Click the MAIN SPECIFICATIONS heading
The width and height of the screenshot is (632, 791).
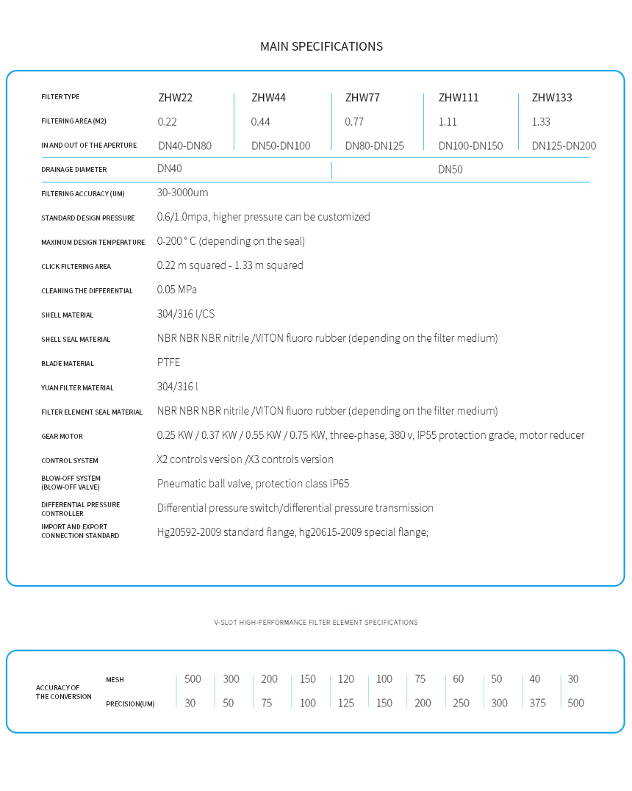321,46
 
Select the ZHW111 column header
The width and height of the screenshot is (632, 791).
459,97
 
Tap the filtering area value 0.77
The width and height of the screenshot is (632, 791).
354,121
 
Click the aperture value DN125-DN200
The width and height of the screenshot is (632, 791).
564,146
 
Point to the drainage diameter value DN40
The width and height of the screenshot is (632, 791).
170,168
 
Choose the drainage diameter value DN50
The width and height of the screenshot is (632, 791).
450,169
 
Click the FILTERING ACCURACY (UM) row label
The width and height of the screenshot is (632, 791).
83,194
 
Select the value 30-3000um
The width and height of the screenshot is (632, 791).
183,193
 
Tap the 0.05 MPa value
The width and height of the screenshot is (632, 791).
177,289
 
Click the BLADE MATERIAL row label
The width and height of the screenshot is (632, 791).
68,364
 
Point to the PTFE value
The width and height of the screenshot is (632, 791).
168,362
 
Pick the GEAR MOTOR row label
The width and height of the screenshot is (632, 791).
62,437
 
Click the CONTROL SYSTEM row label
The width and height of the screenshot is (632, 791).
70,461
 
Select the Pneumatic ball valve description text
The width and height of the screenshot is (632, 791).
253,483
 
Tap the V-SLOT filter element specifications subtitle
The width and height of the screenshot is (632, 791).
316,622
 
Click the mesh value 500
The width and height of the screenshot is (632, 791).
193,679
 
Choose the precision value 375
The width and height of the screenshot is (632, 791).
538,703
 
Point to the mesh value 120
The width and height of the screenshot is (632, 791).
346,679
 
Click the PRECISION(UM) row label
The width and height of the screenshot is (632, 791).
130,704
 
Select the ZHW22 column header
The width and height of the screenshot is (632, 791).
176,97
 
